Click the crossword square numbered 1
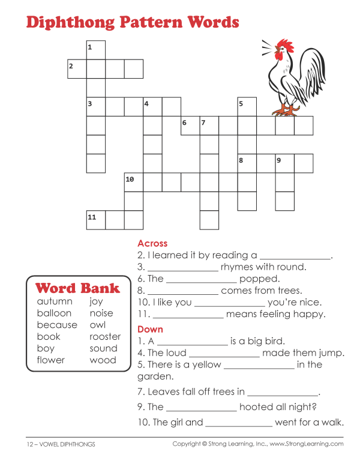(96, 50)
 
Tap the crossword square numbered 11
(96, 220)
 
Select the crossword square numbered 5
(247, 107)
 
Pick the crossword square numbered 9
(284, 163)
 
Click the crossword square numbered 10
(134, 182)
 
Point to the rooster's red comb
(281, 46)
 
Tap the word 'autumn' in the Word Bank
(55, 301)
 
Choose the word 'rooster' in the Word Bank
(105, 337)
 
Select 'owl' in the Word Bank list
(98, 325)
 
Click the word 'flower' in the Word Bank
(50, 360)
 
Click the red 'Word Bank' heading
(77, 288)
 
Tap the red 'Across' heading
(152, 243)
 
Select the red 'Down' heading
(150, 329)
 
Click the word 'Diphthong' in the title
(73, 23)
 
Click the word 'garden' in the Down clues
(155, 377)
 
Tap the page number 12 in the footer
(29, 444)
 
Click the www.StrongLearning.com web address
(307, 444)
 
